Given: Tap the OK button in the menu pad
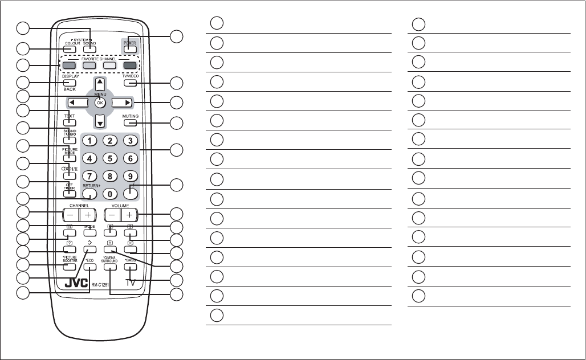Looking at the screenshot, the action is (x=100, y=103).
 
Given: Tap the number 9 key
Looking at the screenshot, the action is (x=130, y=177).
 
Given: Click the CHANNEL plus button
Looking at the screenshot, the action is (x=88, y=215).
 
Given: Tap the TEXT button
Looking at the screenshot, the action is (x=70, y=122).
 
